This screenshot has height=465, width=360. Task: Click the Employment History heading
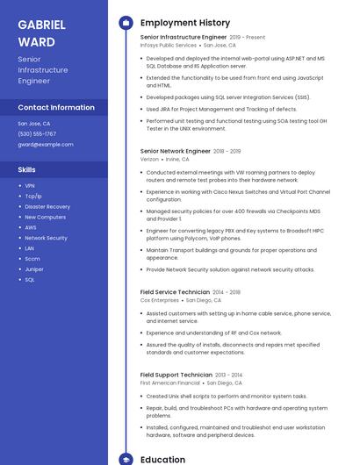point(185,23)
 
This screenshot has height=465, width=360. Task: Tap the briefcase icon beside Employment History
point(125,23)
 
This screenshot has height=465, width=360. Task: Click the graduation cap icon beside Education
point(125,459)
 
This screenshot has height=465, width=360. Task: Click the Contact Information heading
point(56,107)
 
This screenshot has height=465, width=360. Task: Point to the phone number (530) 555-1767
point(37,133)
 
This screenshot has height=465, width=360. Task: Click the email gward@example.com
point(46,144)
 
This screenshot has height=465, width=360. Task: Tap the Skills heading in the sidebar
point(27,169)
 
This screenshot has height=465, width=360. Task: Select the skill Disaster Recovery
point(47,206)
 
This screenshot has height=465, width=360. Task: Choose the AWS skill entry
point(31,227)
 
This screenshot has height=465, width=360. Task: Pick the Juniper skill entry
point(34,268)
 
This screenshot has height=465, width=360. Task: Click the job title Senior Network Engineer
point(175,151)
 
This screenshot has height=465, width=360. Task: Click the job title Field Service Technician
point(175,291)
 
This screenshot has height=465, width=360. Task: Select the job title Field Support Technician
point(176,375)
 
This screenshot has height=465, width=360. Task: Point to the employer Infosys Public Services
point(169,45)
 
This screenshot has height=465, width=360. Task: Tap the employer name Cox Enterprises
point(160,300)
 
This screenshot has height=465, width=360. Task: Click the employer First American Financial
point(170,383)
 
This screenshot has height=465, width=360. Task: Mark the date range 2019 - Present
point(248,38)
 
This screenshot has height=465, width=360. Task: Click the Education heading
point(162,459)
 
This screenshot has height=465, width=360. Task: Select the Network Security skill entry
point(46,238)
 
